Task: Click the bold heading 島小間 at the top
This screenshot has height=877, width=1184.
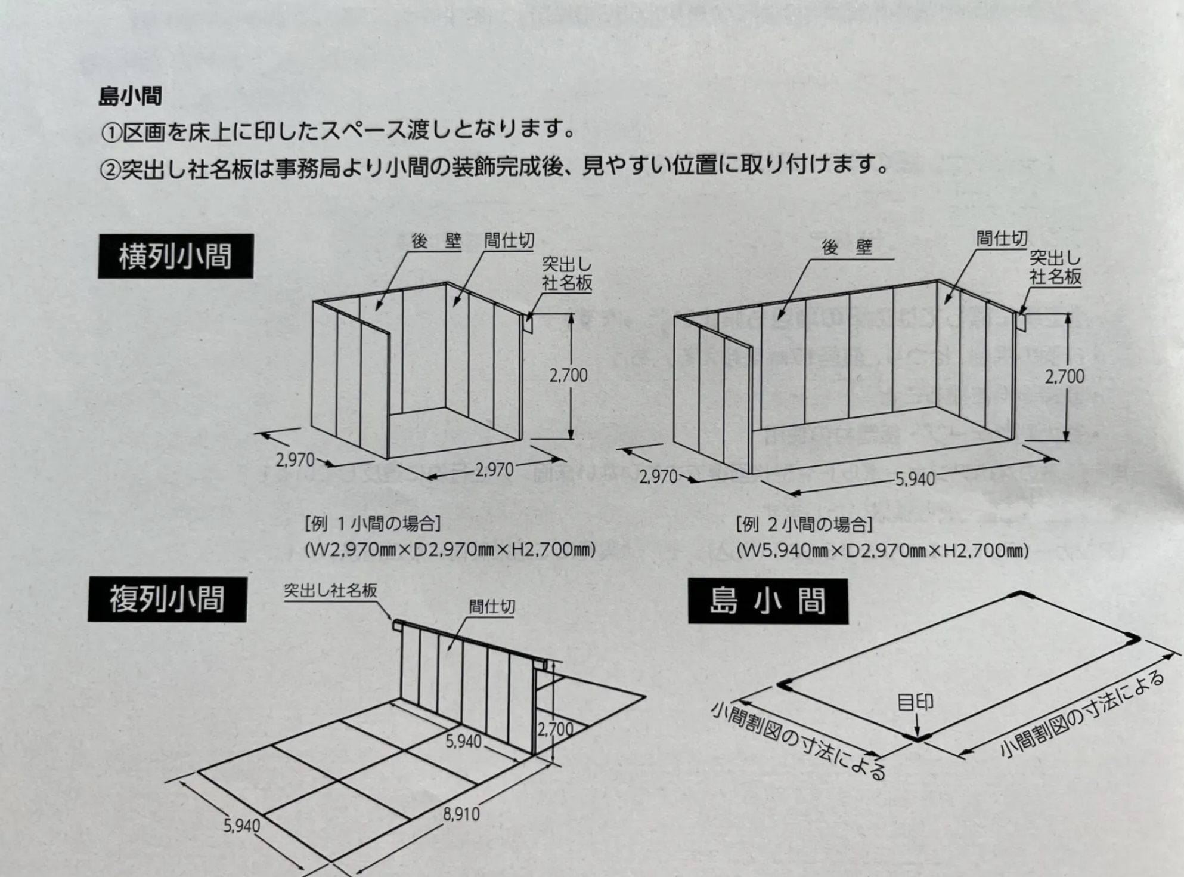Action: click(x=130, y=96)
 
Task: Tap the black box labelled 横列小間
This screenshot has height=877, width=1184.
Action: click(x=175, y=257)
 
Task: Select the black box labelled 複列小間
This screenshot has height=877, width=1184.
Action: click(x=167, y=600)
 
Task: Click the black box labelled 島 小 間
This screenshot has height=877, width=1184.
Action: click(x=768, y=601)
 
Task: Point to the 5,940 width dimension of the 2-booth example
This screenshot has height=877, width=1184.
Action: click(x=915, y=479)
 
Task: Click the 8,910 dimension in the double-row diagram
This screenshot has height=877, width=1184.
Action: click(x=461, y=814)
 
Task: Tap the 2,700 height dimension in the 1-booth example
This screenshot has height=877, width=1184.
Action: click(x=568, y=375)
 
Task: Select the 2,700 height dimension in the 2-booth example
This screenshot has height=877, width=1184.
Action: click(x=1064, y=376)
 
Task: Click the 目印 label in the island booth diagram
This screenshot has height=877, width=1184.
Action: click(x=915, y=703)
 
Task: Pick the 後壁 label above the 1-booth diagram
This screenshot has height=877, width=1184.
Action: click(x=436, y=241)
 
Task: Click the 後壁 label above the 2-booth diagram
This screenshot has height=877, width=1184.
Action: click(x=847, y=247)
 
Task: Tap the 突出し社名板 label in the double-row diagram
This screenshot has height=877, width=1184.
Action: click(x=330, y=591)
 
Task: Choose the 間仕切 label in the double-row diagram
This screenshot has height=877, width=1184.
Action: click(x=491, y=607)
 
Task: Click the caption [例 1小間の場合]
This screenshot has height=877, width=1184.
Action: click(x=373, y=524)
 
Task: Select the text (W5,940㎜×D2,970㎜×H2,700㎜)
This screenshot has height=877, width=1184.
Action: click(x=882, y=550)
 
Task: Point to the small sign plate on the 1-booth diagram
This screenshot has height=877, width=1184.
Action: click(x=528, y=323)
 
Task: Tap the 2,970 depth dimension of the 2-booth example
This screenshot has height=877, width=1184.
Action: click(x=658, y=477)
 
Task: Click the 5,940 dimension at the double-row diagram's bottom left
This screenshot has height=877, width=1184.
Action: click(x=241, y=826)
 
